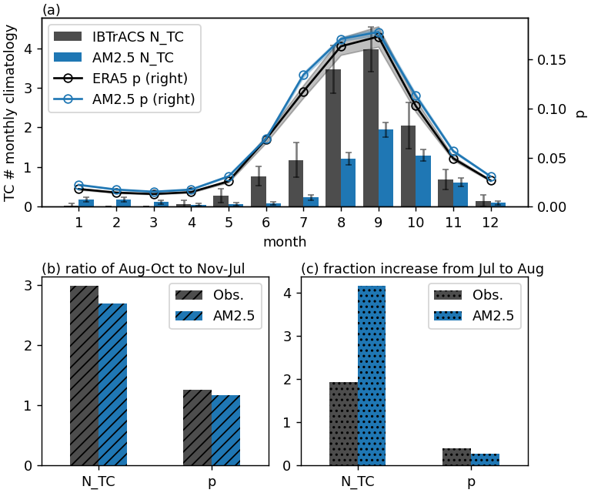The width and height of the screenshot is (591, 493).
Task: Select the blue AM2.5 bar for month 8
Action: [x=348, y=183]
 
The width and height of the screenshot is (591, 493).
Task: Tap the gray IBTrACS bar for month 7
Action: [x=295, y=185]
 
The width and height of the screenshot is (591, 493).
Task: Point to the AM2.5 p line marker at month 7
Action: [x=303, y=75]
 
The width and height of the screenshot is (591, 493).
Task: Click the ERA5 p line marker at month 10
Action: [x=416, y=106]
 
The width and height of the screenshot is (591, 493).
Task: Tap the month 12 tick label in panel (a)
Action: [x=491, y=222]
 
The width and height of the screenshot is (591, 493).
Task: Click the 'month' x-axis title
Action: [x=285, y=241]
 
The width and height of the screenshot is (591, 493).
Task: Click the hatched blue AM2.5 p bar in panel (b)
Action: [x=225, y=431]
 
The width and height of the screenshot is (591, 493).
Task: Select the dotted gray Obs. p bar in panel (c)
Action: [x=456, y=457]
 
